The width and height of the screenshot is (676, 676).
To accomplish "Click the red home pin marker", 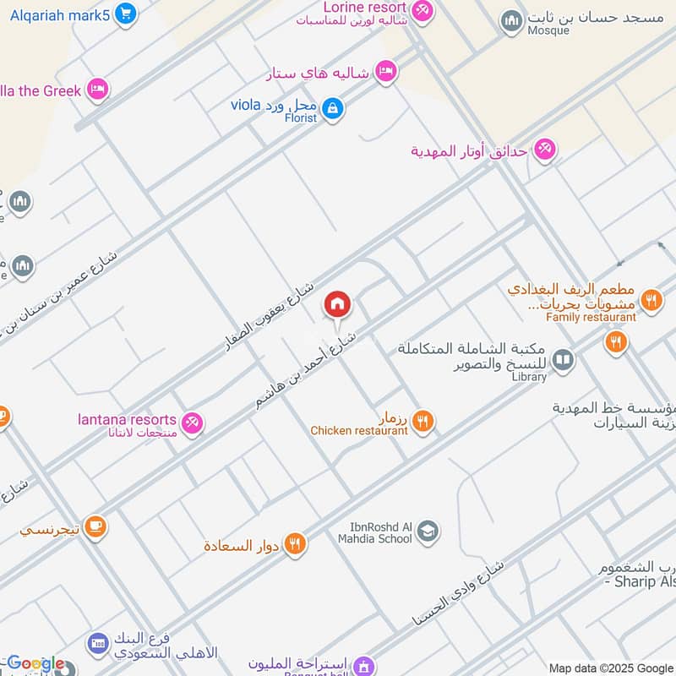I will click(338, 305).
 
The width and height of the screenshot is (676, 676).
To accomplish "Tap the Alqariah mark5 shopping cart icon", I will click(125, 13).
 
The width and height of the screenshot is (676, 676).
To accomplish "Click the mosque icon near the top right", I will click(511, 21).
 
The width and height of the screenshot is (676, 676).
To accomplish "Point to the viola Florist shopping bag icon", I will click(333, 109).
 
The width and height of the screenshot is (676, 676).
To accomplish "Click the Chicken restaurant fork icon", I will click(423, 421).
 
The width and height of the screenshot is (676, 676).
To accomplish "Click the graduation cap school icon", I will click(428, 532).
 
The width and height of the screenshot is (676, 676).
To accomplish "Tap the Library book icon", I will click(563, 361).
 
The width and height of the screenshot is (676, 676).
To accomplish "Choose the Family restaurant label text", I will click(591, 317).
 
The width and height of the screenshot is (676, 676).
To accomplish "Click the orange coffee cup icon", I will click(95, 527).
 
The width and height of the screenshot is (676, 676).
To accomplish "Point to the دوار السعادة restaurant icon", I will click(294, 544).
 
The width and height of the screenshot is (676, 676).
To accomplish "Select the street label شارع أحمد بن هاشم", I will click(308, 371).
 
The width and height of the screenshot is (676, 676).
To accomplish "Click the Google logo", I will click(35, 664).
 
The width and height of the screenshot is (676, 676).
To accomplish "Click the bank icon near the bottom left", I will click(98, 645).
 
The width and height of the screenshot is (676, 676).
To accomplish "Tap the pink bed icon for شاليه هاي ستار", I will click(385, 72).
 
